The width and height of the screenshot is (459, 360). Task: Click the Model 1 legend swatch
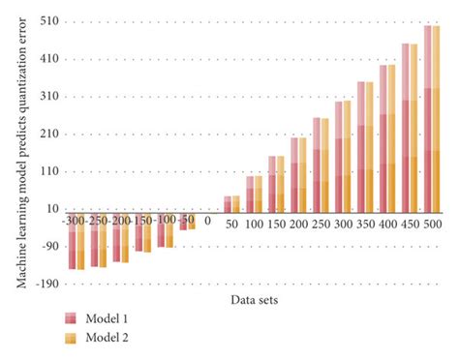coord(71,318)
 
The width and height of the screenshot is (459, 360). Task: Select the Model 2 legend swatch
coord(71,338)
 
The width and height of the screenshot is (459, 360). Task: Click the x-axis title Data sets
coord(254,300)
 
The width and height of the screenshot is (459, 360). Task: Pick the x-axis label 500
coord(432,224)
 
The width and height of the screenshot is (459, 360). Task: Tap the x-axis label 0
coord(207,220)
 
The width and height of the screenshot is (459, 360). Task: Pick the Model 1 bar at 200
coord(294,175)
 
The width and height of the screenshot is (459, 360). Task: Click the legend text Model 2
coord(107,338)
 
